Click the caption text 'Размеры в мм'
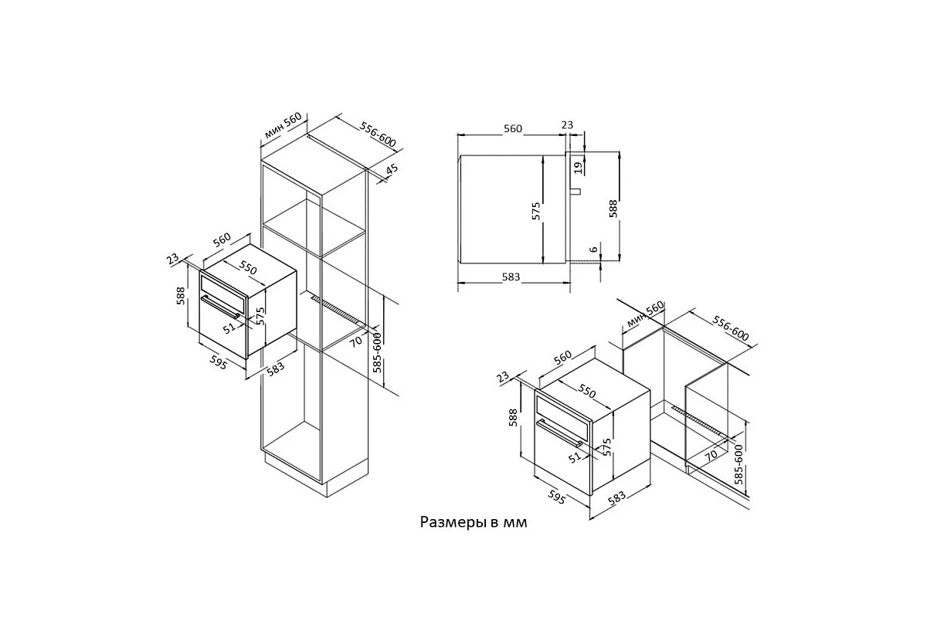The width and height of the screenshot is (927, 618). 474,522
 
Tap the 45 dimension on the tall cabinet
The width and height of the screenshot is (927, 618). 392,169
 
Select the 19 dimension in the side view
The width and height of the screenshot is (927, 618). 579,167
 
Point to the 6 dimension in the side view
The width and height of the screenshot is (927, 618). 594,250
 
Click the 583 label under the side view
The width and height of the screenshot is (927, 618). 511,277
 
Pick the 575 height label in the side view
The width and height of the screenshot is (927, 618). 536,211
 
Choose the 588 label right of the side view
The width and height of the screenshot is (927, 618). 613,209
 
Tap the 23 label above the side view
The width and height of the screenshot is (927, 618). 567,125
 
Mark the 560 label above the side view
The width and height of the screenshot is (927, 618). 513,129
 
